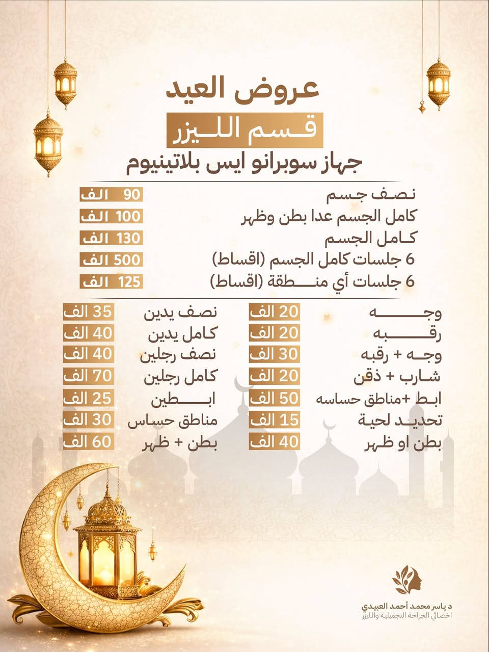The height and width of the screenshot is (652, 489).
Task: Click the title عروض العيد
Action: tap(243, 90)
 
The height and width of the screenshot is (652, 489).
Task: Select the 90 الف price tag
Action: tap(111, 195)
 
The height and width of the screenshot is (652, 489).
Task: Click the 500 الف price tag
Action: tap(111, 260)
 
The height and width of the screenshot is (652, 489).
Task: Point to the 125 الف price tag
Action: tap(111, 281)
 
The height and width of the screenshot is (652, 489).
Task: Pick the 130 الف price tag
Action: tap(111, 238)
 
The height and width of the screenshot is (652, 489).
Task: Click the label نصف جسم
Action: tap(370, 195)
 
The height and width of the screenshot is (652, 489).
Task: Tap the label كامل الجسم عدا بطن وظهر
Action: tap(329, 217)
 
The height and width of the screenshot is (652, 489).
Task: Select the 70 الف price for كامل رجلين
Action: tap(88, 376)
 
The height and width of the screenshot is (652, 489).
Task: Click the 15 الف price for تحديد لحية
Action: tap(275, 420)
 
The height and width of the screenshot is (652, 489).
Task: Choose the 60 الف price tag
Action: tap(88, 441)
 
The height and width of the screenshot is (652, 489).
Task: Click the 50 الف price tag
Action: tap(275, 398)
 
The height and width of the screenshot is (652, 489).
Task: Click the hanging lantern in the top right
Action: tap(438, 82)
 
